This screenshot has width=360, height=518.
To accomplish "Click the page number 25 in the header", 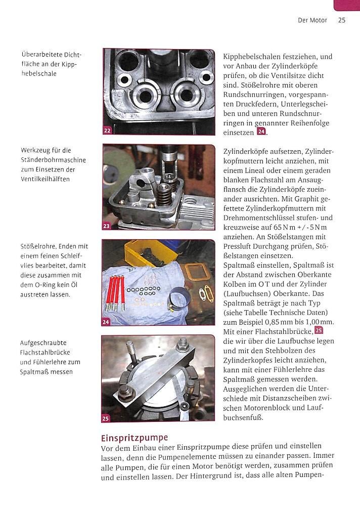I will [341, 20].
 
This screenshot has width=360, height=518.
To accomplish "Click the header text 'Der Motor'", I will [312, 20].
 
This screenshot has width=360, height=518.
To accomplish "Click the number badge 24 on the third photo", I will [106, 321].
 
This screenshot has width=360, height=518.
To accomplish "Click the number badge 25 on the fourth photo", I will [106, 418].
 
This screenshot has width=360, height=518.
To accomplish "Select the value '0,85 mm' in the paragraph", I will [280, 322].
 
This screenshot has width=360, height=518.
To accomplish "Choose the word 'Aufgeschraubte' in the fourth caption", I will [44, 343].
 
